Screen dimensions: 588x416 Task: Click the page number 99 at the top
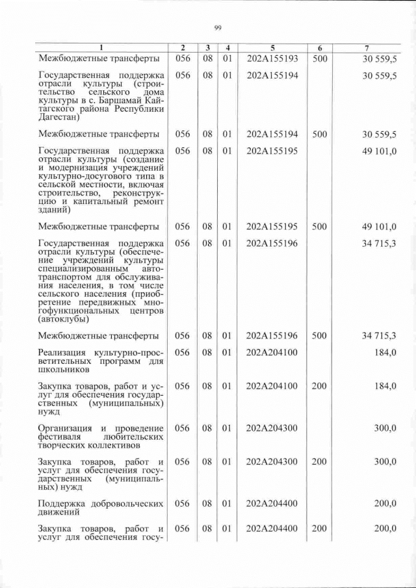[218, 27]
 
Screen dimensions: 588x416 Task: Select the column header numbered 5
[272, 48]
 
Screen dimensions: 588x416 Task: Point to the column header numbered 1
[101, 48]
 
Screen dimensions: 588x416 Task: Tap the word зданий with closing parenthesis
[55, 210]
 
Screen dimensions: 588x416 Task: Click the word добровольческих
[123, 504]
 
